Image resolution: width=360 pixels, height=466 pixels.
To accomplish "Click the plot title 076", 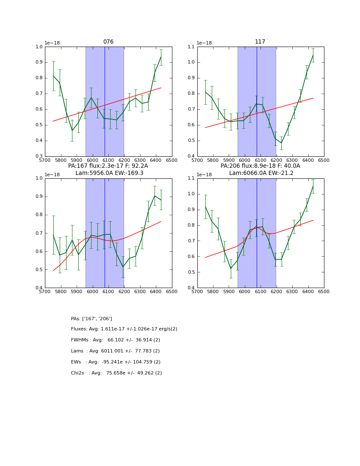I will pos(108,42).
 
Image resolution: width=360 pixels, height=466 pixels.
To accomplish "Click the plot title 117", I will pos(260,42).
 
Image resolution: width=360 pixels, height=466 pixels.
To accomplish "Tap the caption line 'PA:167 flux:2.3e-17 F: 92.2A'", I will pos(108,166).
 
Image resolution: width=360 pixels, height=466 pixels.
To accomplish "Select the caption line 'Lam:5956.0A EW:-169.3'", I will pos(109,173).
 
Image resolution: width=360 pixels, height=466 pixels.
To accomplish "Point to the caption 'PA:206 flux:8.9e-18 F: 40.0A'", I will pos(260,166).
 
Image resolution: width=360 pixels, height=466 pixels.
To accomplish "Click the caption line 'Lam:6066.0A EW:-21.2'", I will pos(260,173).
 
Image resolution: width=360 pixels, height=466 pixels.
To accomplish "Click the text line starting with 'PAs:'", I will pos(91,319).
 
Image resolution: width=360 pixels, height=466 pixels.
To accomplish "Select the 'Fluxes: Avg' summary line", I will pos(124,329).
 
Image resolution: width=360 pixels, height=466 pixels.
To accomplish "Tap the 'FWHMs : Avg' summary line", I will pos(116,340).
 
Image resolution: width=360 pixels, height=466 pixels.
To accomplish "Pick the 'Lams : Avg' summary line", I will pos(115,351).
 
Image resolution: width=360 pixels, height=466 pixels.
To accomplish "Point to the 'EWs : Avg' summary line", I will pos(116,362).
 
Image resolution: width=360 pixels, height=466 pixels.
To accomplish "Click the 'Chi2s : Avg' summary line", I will pos(116,373).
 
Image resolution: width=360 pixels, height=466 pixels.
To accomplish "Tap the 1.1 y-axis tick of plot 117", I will pos(191,47).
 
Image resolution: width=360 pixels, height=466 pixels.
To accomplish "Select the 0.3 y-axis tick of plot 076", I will pos(39,156).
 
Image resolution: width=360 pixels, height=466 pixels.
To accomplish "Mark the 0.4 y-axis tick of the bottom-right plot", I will pos(191,288).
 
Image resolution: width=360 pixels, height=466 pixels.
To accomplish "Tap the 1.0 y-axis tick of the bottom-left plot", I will pos(39,178).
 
